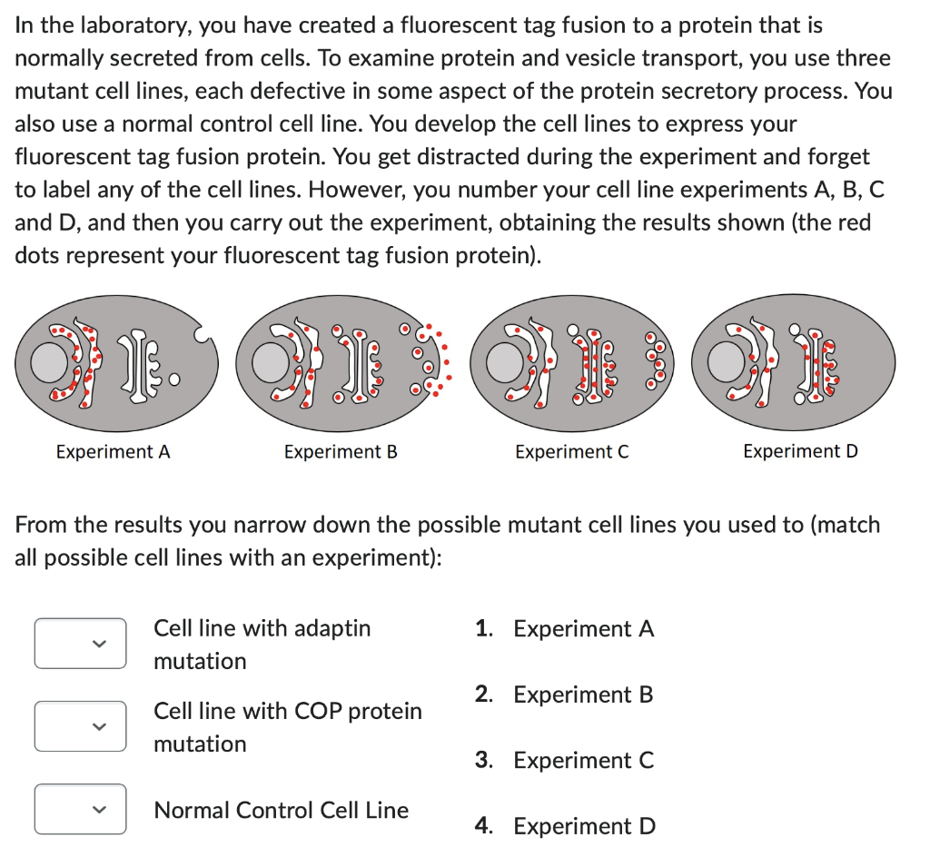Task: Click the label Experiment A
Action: coord(113,451)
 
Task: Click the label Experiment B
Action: coord(341,451)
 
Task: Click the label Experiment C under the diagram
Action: coord(571,451)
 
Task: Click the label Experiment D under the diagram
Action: coord(800,451)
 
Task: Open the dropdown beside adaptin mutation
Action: coord(80,644)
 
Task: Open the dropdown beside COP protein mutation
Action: coord(80,726)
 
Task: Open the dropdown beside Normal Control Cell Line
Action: coord(80,809)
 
